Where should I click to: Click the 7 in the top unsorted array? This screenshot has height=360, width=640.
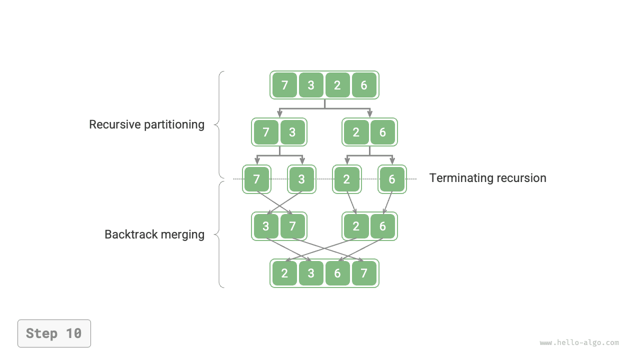point(284,85)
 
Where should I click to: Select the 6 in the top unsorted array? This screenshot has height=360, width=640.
point(364,85)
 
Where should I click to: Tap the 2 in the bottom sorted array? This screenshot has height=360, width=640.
point(284,273)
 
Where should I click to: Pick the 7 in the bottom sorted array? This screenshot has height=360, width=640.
point(364,273)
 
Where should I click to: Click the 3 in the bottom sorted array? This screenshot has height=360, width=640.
point(311,273)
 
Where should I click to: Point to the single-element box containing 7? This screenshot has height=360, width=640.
point(256,179)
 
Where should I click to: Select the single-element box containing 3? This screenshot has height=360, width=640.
point(301,179)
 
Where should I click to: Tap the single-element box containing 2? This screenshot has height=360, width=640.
point(346,179)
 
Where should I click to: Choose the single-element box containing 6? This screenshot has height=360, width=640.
point(392,179)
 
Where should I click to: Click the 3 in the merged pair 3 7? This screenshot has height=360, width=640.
point(266,226)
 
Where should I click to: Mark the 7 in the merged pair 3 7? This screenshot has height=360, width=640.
point(292,226)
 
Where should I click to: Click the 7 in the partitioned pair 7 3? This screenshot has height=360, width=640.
point(266,132)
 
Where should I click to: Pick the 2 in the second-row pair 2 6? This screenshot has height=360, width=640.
point(356,132)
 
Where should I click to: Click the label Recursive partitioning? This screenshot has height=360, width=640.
point(146,124)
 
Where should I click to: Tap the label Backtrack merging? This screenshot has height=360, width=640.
point(154,234)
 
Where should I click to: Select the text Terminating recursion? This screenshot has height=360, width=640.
point(487,178)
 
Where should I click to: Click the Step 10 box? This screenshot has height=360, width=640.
point(54,333)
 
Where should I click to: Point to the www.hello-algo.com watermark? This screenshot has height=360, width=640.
point(579,343)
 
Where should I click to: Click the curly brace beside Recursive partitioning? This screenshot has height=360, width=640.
point(219,124)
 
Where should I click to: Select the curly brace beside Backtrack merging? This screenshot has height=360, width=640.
point(219,234)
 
